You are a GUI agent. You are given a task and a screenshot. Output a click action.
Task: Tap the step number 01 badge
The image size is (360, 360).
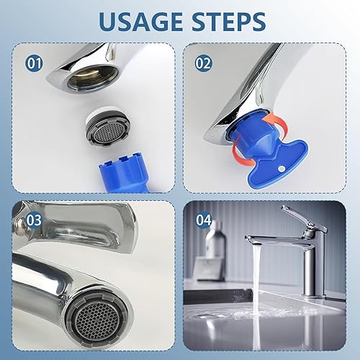coord(34,63)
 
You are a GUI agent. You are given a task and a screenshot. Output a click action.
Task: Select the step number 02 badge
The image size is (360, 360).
coord(204,63)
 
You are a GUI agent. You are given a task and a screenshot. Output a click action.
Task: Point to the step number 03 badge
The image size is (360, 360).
coord(34,220)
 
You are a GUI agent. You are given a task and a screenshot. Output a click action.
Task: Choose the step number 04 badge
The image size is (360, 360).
coord(204,220)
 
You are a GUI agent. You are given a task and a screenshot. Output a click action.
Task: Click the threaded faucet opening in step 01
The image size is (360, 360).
coord(93,78)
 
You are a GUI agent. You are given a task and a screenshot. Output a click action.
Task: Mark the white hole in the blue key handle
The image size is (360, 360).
coord(280,169)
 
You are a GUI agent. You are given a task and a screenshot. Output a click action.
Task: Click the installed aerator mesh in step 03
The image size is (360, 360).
coord(96,318)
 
